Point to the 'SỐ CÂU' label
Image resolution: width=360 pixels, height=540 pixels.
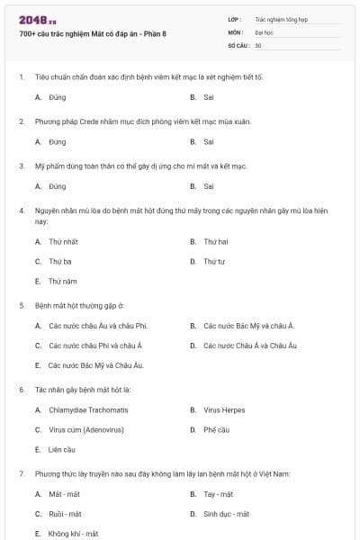238,45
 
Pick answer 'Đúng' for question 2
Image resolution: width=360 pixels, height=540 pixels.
58,141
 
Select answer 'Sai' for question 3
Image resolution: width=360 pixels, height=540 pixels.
209,186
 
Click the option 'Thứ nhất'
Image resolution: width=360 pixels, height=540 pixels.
63,241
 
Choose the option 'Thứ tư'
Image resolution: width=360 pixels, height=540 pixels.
213,261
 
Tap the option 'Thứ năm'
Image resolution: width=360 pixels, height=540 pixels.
62,281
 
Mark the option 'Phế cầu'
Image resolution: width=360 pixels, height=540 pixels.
217,429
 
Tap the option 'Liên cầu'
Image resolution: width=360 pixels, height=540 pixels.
61,449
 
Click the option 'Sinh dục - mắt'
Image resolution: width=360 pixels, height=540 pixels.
226,514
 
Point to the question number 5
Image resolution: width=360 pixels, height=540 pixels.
21,305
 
